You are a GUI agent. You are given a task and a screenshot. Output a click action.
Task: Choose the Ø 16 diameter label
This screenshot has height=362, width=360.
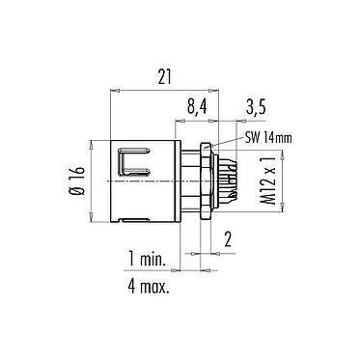[77, 181]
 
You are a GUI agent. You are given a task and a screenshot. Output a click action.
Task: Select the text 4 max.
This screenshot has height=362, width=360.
[147, 288]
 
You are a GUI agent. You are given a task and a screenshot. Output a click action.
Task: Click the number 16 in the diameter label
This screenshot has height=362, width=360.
[77, 174]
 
